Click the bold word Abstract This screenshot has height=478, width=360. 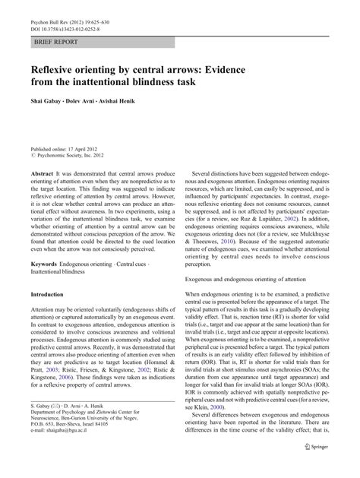point(43,175)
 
